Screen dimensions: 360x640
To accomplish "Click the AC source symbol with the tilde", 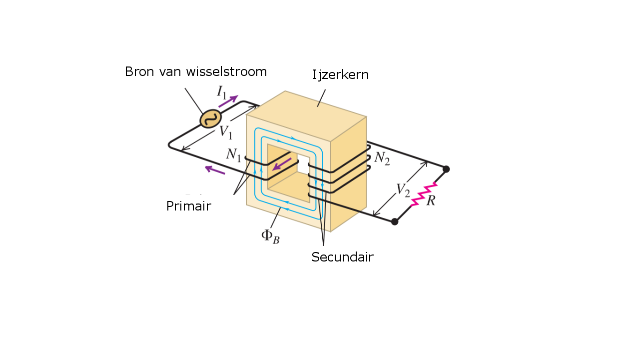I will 211,118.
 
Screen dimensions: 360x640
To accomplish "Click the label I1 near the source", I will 221,91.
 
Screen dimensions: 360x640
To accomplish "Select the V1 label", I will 226,132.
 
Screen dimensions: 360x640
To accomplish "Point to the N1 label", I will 233,154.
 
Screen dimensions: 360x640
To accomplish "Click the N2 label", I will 382,158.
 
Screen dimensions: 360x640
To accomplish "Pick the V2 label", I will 403,189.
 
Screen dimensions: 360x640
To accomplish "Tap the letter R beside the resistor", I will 431,201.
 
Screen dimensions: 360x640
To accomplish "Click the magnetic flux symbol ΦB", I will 270,235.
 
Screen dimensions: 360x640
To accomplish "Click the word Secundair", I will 342,257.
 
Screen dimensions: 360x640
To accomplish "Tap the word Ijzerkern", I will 340,75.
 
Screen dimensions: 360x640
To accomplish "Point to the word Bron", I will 140,71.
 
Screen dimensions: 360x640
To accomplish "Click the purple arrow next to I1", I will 228,100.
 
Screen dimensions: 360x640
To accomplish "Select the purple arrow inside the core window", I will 281,164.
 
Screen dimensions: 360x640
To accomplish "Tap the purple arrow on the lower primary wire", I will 215,170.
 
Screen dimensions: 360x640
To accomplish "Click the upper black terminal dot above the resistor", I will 446,169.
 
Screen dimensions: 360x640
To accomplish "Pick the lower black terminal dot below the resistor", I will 395,221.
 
